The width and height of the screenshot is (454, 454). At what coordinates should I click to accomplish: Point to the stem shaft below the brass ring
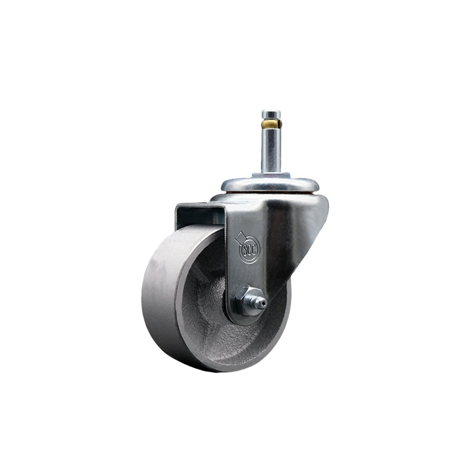(x=269, y=150)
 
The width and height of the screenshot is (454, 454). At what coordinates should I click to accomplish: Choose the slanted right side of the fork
(x=300, y=241)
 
